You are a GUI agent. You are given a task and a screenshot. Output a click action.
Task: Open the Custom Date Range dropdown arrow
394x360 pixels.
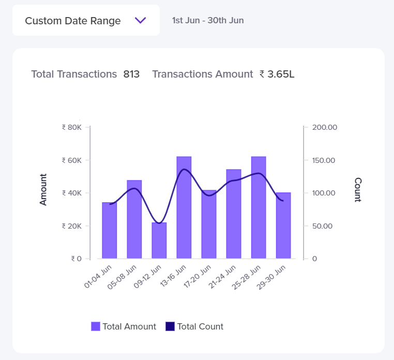[141, 21]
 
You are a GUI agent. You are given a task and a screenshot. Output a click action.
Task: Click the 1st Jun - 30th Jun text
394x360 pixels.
[208, 21]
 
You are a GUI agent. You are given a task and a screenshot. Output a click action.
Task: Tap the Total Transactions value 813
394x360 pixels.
[131, 74]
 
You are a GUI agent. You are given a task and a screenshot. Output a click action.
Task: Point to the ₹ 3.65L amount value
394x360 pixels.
[277, 74]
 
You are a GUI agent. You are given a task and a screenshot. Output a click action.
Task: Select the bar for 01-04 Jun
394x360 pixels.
[110, 231]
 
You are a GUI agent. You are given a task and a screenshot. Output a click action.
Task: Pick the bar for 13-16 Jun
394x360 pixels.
[184, 207]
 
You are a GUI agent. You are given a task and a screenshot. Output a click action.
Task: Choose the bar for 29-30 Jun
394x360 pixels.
[283, 226]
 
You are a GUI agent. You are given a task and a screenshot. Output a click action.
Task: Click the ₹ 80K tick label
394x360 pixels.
[71, 127]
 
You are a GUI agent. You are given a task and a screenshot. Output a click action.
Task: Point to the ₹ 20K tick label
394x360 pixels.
[71, 226]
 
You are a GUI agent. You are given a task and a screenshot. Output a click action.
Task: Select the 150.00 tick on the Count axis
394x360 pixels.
[324, 160]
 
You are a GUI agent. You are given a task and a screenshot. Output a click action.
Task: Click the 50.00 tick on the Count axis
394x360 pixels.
[323, 226]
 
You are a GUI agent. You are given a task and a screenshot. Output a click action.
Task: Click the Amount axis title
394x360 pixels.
[43, 189]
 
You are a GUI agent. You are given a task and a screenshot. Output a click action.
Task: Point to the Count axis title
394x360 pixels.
[358, 189]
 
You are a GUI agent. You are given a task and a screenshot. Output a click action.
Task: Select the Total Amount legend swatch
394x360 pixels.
[96, 326]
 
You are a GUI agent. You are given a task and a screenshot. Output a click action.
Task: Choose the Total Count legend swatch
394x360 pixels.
[170, 326]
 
